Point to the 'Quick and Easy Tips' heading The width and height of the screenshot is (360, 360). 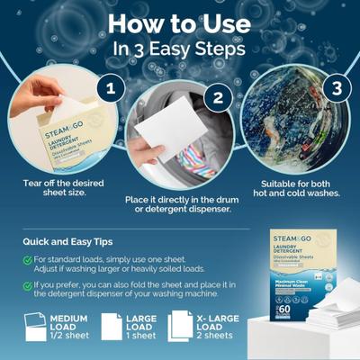(72, 240)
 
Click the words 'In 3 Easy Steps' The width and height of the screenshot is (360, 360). (180, 49)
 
